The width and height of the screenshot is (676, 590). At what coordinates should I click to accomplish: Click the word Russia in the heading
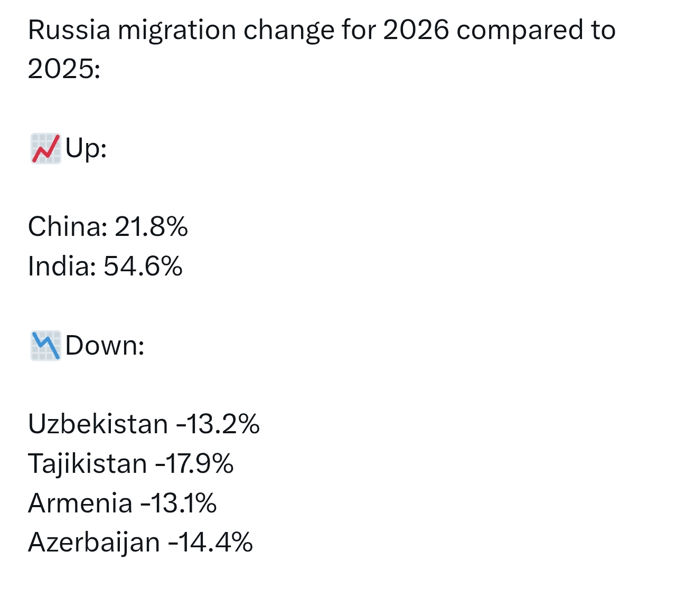point(69,30)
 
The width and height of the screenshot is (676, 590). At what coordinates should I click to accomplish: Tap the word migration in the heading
point(177,32)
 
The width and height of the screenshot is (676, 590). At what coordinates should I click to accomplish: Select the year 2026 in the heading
point(416,30)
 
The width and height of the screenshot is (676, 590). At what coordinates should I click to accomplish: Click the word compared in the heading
point(520,32)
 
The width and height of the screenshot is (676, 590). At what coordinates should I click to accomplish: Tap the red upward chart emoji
point(46,149)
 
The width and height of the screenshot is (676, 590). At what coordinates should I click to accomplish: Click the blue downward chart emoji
point(46,345)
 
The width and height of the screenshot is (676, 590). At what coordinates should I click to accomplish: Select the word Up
point(82,149)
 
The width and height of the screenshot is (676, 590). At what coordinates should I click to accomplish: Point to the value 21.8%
point(152,227)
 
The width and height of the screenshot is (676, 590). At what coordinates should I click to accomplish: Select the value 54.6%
point(143,266)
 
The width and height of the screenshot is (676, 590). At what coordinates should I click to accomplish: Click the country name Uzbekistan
point(98,424)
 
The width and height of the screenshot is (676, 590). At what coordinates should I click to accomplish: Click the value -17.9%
point(194,463)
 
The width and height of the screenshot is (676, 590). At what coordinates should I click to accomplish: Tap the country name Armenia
point(80,503)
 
